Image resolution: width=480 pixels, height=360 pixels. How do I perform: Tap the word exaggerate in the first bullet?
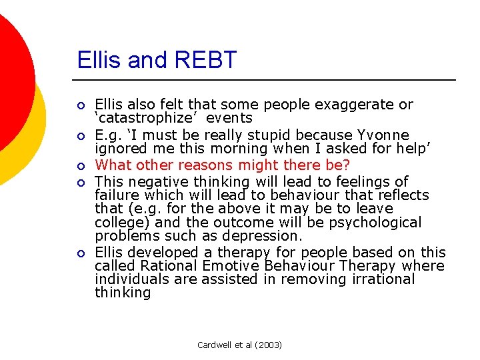[364, 105]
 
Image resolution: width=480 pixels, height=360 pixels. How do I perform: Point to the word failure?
[117, 195]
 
